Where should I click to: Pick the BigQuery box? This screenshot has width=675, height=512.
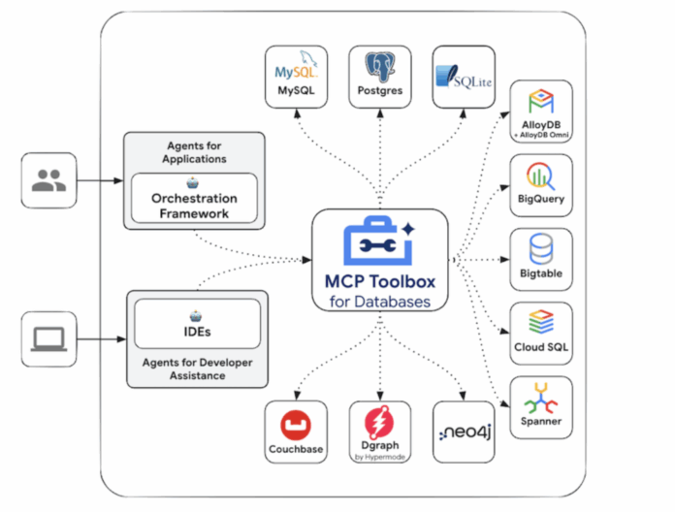540,184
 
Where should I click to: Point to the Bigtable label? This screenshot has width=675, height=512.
540,274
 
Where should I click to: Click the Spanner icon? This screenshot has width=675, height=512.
540,400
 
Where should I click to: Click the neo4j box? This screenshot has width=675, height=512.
464,432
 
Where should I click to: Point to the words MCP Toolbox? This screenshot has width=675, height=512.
380,282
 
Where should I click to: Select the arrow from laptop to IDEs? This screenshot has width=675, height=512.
99,338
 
